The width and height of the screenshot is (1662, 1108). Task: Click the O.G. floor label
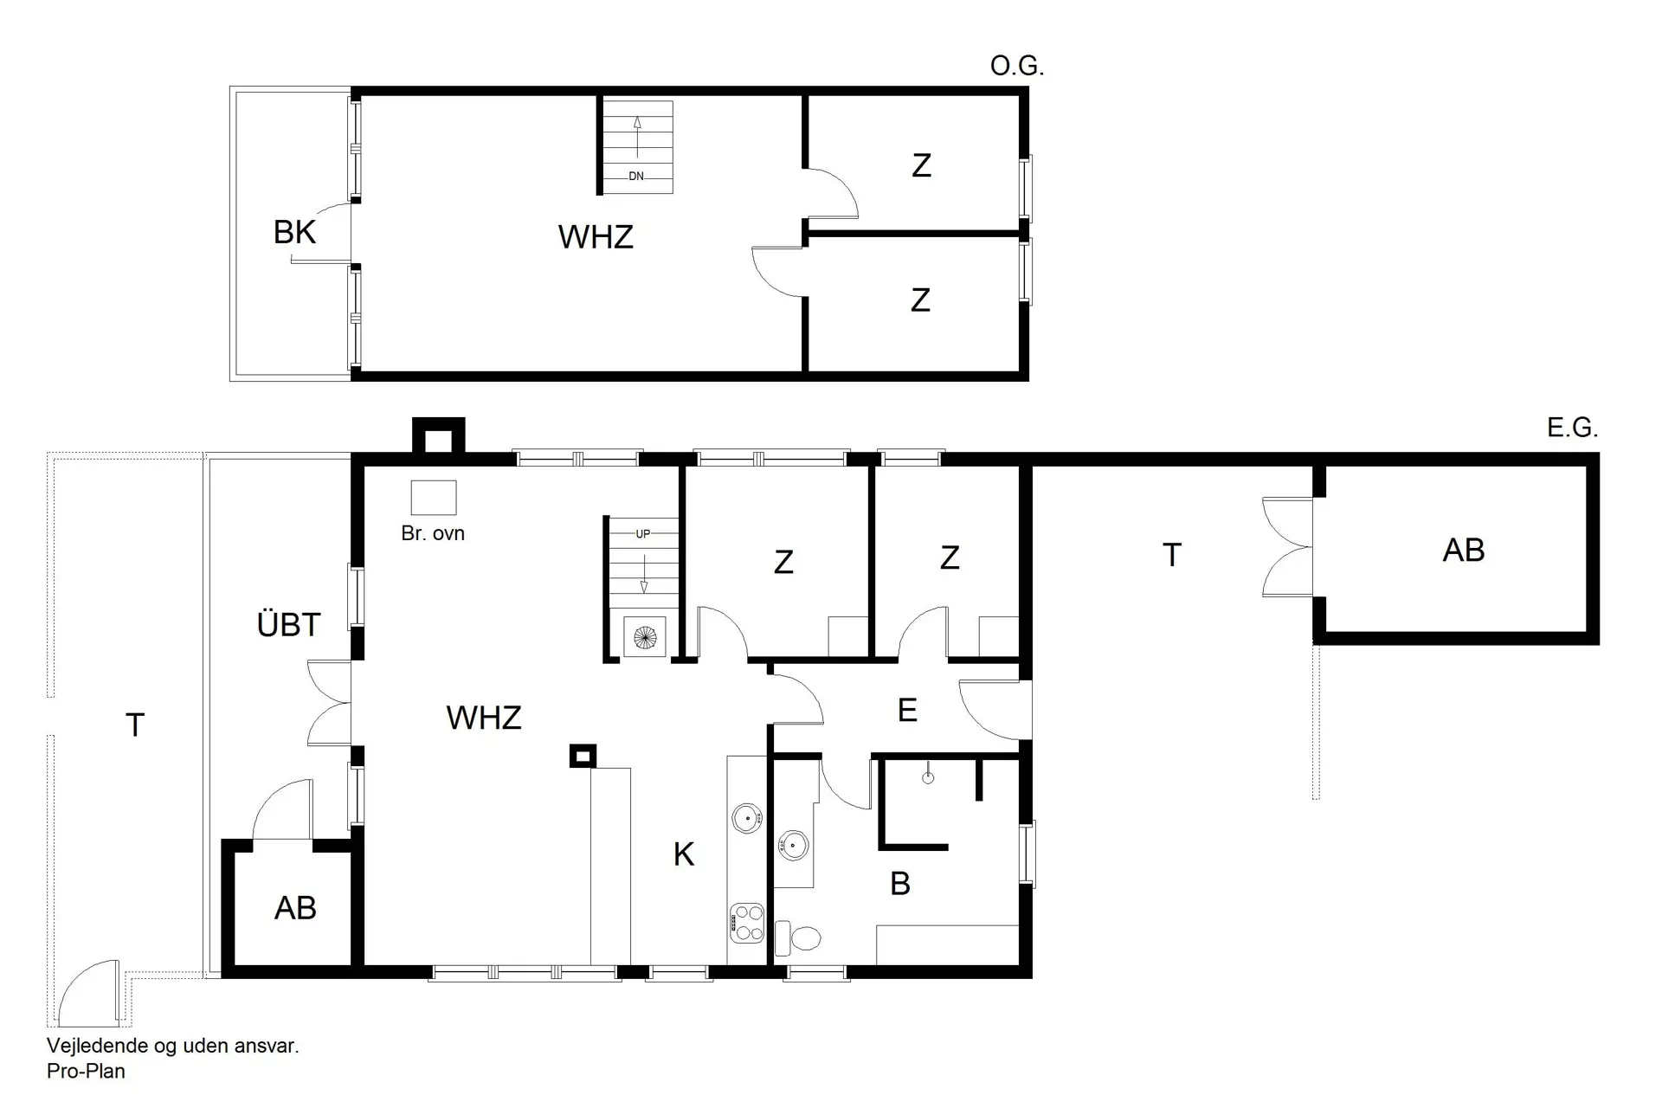tap(1016, 67)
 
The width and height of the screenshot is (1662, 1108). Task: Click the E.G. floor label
tap(1571, 428)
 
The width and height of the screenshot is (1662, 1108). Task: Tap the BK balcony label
tap(294, 232)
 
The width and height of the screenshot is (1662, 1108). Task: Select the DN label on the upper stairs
tap(636, 176)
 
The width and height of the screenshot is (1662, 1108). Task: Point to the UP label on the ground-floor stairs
tap(642, 534)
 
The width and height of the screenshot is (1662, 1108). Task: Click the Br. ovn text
tap(433, 533)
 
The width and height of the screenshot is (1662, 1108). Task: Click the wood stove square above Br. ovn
tap(433, 498)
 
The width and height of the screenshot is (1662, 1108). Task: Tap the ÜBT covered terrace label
tap(288, 624)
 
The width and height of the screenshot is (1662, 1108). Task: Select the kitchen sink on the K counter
tap(746, 817)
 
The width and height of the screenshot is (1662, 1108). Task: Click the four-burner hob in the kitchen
tap(746, 923)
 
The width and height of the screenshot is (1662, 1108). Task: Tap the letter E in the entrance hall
tap(907, 711)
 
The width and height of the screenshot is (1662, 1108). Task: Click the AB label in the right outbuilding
tap(1463, 551)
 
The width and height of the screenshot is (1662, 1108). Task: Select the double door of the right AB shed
tap(1288, 547)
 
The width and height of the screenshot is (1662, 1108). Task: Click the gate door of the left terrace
tap(88, 992)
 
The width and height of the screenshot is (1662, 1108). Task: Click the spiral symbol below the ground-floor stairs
tap(645, 639)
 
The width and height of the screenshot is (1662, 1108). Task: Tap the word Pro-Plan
tap(86, 1072)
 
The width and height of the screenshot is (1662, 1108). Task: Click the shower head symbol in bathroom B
tap(928, 776)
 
